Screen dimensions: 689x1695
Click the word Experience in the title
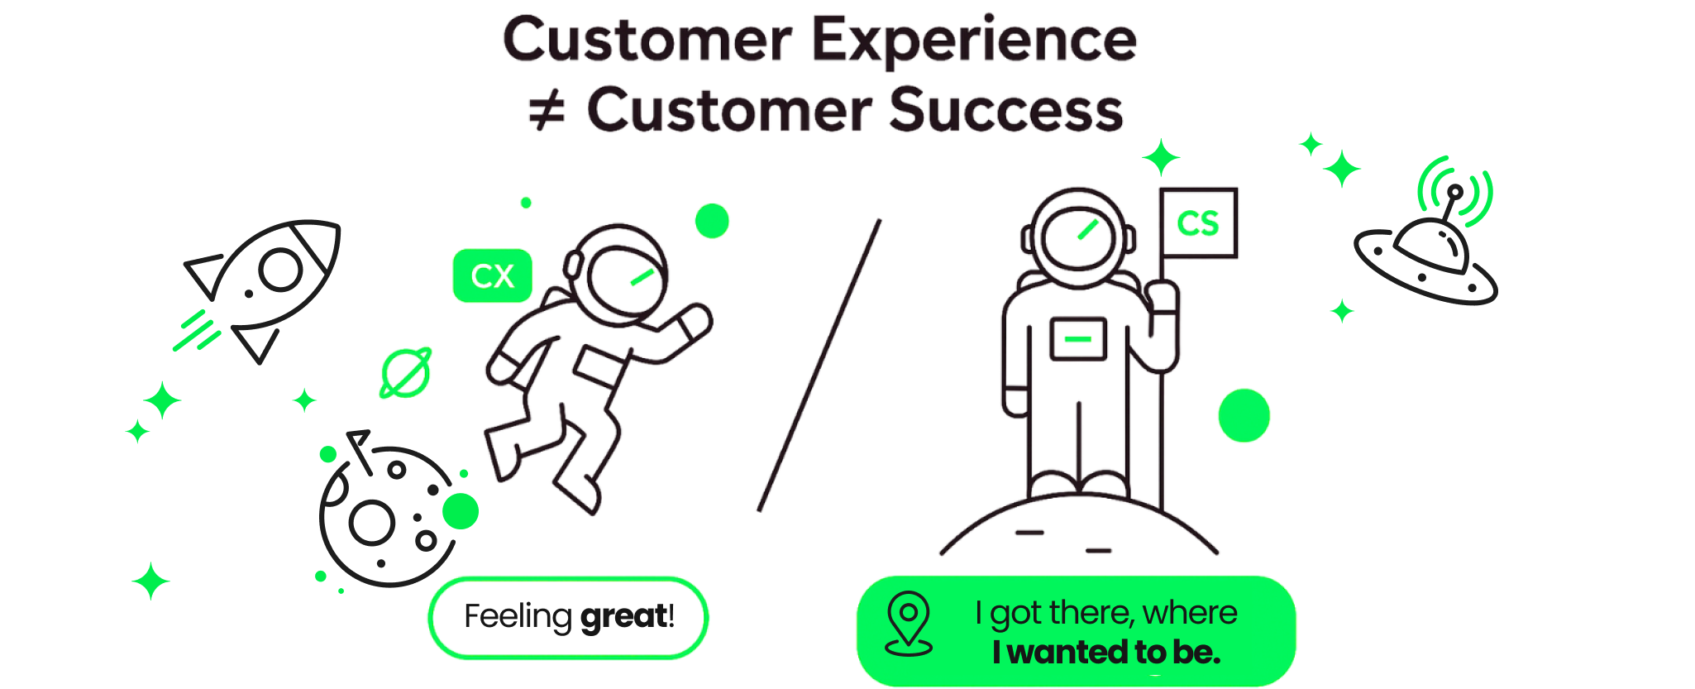973,41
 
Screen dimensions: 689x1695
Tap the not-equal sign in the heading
547,112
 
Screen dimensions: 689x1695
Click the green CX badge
492,275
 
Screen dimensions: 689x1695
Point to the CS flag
1198,223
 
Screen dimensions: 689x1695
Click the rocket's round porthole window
279,269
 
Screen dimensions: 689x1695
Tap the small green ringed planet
405,373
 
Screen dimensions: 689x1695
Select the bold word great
623,617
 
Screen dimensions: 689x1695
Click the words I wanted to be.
1105,653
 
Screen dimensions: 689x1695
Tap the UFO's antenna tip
1454,192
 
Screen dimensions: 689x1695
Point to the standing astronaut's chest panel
1078,339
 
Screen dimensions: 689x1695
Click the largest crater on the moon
371,523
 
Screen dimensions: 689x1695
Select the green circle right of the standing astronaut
1244,415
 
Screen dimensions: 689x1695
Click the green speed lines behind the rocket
196,331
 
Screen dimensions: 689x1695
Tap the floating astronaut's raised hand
695,320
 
